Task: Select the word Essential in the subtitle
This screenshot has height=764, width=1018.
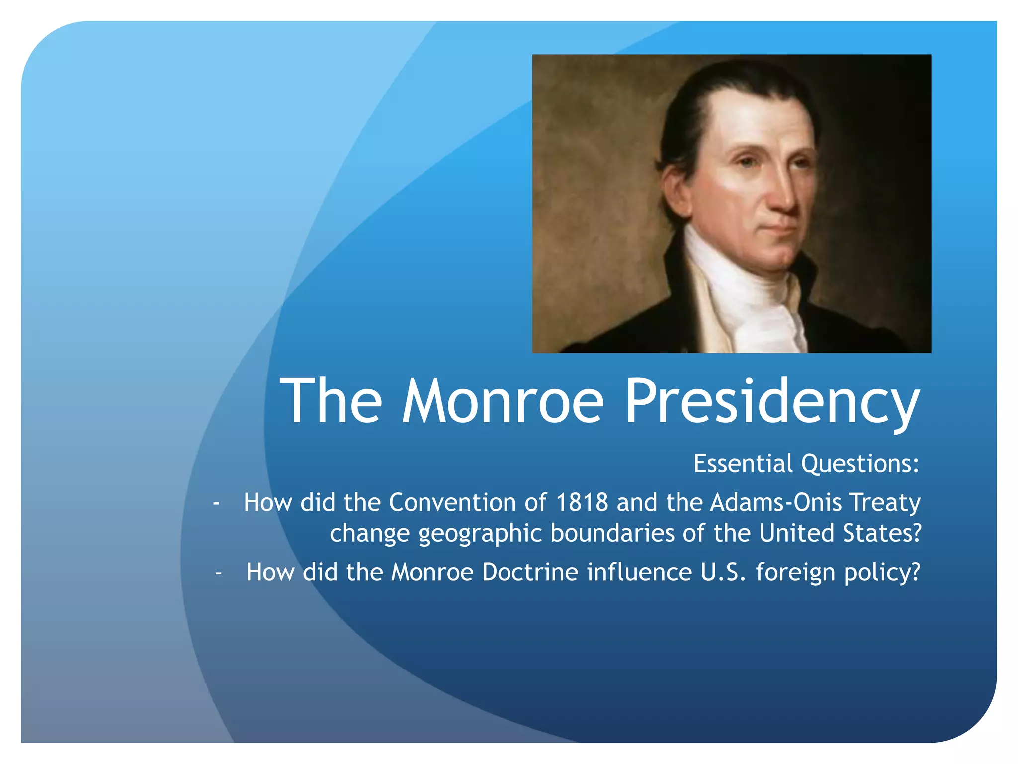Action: click(x=743, y=463)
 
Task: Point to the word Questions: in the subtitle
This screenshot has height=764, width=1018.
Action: click(x=860, y=464)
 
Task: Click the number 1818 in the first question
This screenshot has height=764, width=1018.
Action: click(x=582, y=502)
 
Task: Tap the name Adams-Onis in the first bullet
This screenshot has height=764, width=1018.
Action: click(x=775, y=502)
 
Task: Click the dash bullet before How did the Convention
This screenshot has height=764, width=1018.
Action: click(x=216, y=503)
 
